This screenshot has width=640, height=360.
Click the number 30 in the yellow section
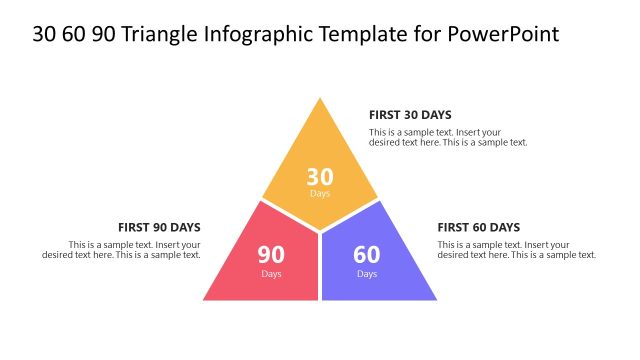pyautogui.click(x=320, y=178)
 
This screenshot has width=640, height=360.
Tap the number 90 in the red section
pyautogui.click(x=272, y=255)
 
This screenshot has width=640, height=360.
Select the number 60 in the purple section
pyautogui.click(x=367, y=255)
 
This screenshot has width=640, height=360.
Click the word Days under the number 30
pyautogui.click(x=320, y=194)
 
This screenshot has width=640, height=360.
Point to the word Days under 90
pyautogui.click(x=272, y=274)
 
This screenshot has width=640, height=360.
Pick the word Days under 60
pyautogui.click(x=367, y=274)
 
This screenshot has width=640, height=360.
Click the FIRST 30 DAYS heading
pyautogui.click(x=410, y=115)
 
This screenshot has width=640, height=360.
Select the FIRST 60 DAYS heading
pyautogui.click(x=478, y=227)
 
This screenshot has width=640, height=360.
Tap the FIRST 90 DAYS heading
pyautogui.click(x=159, y=227)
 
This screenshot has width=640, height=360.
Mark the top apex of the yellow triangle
pyautogui.click(x=320, y=99)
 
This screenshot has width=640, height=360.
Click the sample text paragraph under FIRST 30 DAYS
pyautogui.click(x=447, y=137)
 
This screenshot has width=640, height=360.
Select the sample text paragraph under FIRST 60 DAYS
pyautogui.click(x=516, y=250)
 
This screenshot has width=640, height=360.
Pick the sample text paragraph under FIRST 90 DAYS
pyautogui.click(x=122, y=250)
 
